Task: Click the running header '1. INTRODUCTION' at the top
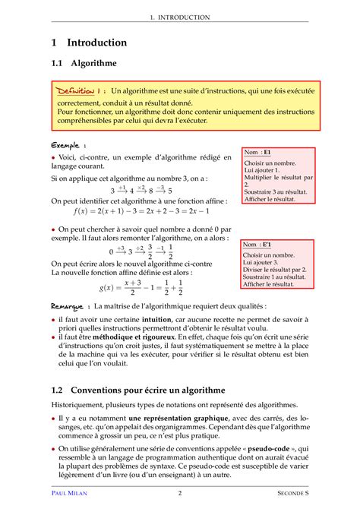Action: pos(179,17)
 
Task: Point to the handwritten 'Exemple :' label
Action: pos(68,144)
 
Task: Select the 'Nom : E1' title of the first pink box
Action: pos(262,153)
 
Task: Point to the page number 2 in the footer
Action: pos(180,493)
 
